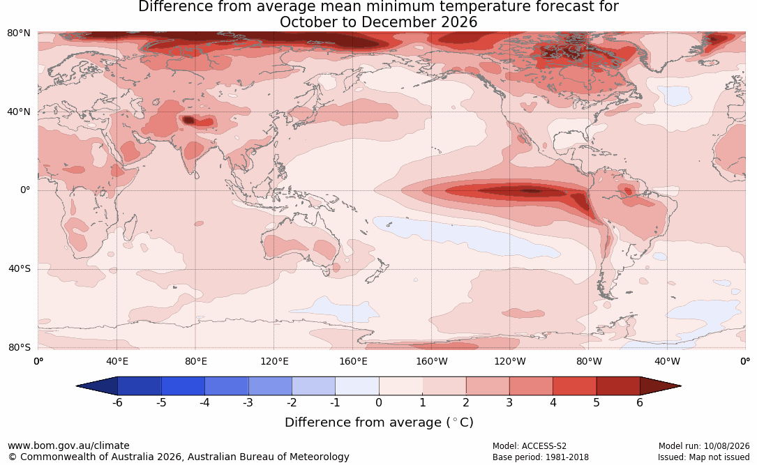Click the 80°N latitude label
coord(18,33)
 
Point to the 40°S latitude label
coord(19,268)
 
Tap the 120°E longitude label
coord(274,361)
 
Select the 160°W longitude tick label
coord(432,361)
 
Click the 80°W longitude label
coord(589,361)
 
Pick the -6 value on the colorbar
coord(117,402)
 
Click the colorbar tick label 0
coord(379,402)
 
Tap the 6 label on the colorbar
coord(640,402)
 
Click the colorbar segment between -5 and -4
coord(183,386)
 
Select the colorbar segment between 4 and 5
coord(574,386)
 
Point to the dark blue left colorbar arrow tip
coord(77,386)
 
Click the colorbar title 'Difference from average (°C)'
coord(379,422)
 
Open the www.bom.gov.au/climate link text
coord(68,445)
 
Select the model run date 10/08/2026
coord(726,446)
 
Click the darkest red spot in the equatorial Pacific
coord(531,191)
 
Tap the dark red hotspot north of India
coord(188,120)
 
